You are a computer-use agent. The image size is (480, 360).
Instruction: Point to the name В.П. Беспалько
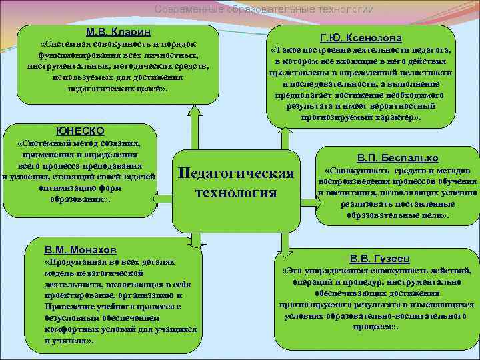[x=397, y=158]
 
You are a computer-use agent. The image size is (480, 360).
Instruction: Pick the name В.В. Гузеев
[x=379, y=258]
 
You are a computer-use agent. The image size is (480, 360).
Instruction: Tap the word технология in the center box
[x=236, y=193]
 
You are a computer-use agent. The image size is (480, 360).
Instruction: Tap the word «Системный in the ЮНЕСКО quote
[x=44, y=143]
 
